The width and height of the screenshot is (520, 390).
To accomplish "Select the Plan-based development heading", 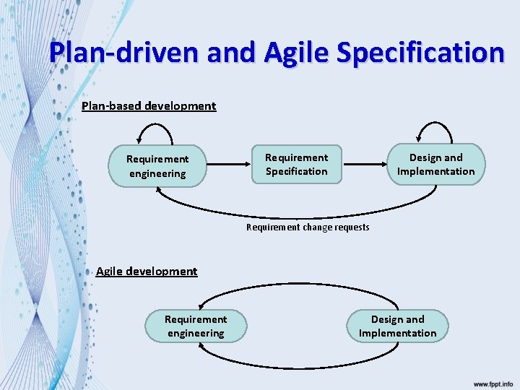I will click(149, 106).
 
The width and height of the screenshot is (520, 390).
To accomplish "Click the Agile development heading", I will click(147, 272).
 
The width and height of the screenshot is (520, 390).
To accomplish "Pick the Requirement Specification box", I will click(296, 165).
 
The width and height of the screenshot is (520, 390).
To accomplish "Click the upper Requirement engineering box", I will click(157, 166).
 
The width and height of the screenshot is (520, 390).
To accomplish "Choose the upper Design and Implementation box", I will click(435, 165).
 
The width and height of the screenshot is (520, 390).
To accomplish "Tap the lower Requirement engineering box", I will click(196, 326).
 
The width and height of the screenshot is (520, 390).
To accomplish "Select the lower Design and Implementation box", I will click(397, 326).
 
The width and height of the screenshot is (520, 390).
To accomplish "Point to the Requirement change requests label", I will click(308, 227).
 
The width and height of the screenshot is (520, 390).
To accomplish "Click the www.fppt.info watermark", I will click(493, 383).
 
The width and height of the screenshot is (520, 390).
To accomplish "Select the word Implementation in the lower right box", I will click(397, 333).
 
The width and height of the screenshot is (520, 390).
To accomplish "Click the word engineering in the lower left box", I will click(196, 333).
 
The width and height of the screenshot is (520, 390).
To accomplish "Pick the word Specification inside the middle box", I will click(296, 172).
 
